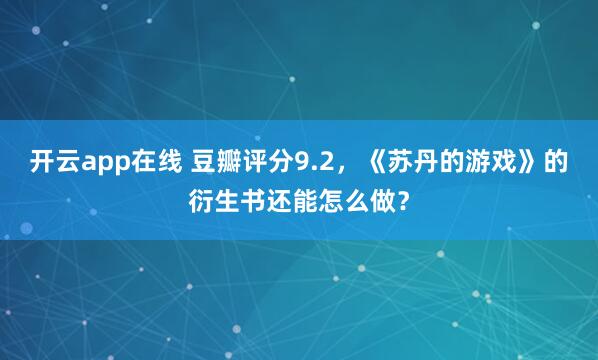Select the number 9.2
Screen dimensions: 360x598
(x=309, y=161)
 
